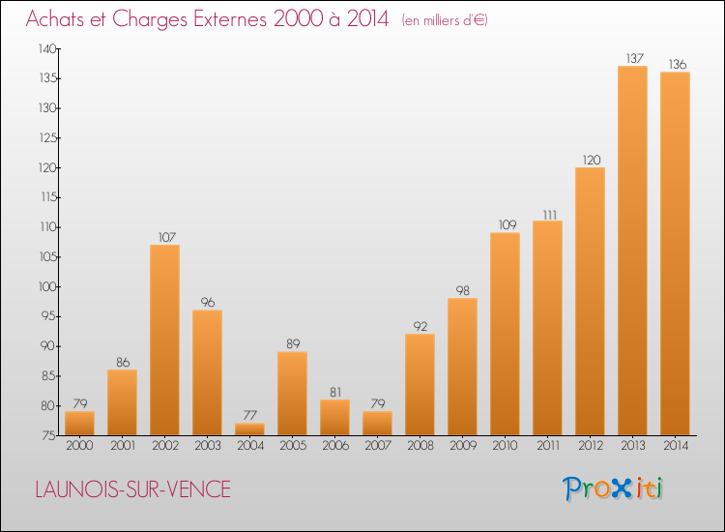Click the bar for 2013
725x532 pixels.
[632, 251]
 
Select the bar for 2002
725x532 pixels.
[164, 340]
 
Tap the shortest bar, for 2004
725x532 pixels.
[249, 429]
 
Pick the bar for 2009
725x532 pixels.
[462, 367]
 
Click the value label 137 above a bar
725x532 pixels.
[632, 58]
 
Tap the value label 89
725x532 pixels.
[292, 343]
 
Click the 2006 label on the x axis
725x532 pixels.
[334, 446]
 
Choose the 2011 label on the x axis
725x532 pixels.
[547, 446]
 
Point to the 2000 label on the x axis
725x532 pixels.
[79, 446]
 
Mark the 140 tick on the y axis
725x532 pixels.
[47, 48]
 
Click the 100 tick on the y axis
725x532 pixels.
[47, 287]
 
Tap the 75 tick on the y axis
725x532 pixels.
[49, 436]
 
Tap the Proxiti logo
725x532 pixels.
[614, 488]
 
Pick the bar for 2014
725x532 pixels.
[675, 253]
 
